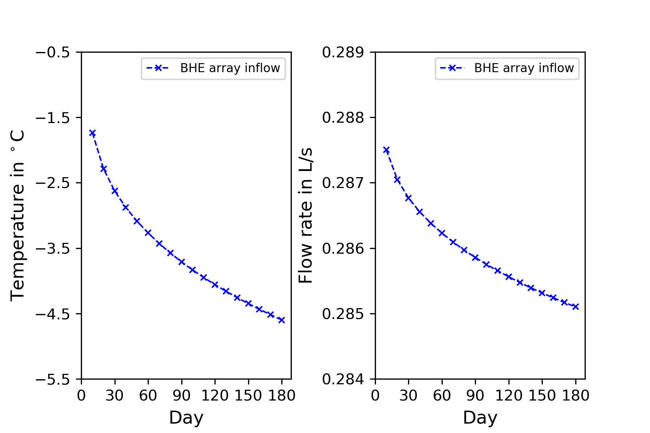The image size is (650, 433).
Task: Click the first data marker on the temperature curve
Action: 92,133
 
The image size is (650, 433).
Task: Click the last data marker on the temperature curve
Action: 282,320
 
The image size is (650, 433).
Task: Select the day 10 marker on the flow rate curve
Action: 386,150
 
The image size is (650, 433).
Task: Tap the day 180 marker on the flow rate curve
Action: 576,307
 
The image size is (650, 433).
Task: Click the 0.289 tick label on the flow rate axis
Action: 343,52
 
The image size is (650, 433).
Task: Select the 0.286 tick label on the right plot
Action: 343,248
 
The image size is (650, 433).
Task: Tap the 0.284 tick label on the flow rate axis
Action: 343,379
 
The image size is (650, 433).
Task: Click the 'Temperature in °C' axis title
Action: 17,215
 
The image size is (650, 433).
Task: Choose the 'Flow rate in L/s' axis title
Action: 305,215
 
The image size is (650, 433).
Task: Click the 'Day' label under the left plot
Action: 186,417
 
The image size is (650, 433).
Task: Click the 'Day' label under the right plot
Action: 480,417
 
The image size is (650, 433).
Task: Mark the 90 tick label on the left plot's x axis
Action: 181,396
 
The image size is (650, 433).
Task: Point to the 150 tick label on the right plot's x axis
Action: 542,396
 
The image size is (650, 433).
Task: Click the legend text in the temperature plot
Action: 230,68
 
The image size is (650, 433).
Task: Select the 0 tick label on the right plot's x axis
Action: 375,396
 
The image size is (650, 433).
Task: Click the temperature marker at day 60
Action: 148,233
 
